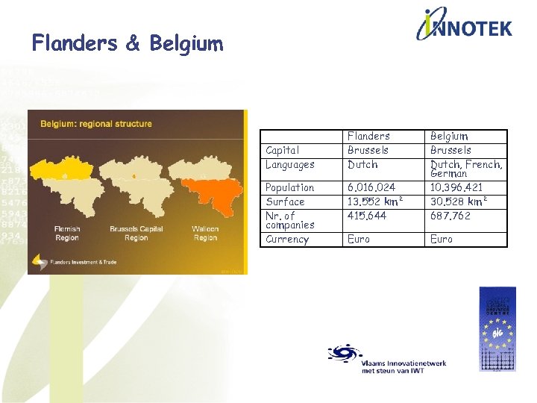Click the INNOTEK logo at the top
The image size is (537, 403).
[464, 26]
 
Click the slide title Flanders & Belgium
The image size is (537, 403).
[128, 43]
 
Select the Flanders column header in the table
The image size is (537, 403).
[368, 136]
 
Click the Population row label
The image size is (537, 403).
[289, 187]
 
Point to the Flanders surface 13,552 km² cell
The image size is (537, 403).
[376, 201]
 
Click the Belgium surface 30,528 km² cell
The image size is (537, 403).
[459, 201]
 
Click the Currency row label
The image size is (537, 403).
[287, 240]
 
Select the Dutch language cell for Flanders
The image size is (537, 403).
[362, 164]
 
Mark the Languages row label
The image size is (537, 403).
[290, 164]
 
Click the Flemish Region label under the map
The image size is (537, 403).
[66, 233]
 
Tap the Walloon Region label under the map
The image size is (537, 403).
[205, 233]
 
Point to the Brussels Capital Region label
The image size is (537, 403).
[136, 233]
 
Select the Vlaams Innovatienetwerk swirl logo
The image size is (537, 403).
[344, 354]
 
